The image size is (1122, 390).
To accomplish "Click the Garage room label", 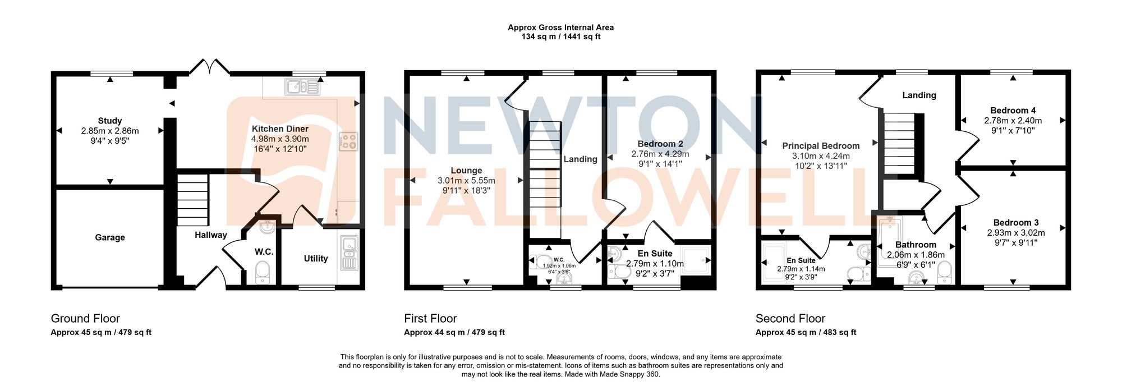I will point(110,237).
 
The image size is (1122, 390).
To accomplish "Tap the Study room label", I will point(110,121).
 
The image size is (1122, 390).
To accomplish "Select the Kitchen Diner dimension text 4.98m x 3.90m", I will point(280,139).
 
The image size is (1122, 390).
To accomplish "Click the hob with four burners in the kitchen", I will point(348,141).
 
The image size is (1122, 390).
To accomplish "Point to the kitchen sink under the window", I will point(302,87).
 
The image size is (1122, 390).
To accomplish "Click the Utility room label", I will point(316,259).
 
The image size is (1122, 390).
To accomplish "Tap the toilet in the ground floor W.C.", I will point(263,273).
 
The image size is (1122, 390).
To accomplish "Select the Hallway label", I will point(211,235).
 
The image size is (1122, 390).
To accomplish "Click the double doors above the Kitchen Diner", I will point(209,67).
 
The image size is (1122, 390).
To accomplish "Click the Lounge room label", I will point(466,171).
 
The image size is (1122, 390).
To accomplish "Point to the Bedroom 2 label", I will point(660,144).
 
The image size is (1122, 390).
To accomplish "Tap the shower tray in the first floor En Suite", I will point(697,260).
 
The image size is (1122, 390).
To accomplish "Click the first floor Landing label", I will point(580,159).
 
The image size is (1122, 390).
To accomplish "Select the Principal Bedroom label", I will point(821,146).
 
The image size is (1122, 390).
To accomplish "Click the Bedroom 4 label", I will point(1013,111).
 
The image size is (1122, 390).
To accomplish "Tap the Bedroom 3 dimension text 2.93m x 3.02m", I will point(1015,233).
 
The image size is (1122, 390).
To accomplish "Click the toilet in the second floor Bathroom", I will point(944,271).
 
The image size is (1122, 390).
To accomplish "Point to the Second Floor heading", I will point(790,319).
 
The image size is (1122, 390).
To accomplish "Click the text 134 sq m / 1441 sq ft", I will point(561,37).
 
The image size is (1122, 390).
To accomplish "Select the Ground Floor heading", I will point(85,319).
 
